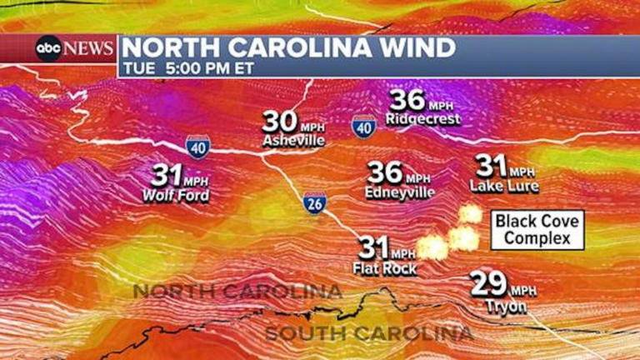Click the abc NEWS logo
(x=74, y=48)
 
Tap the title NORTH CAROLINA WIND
(x=289, y=47)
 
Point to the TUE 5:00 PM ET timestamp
(x=187, y=68)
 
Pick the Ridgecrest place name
(x=422, y=120)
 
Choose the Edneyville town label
(x=400, y=192)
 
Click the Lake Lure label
(x=504, y=186)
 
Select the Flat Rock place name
(x=385, y=268)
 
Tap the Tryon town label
(x=506, y=306)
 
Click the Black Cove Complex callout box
(x=537, y=229)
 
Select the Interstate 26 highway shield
(x=314, y=203)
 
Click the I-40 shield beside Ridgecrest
(x=362, y=126)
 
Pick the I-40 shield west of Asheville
(x=197, y=146)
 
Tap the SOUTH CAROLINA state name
(x=369, y=334)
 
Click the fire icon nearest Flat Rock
(x=432, y=247)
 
